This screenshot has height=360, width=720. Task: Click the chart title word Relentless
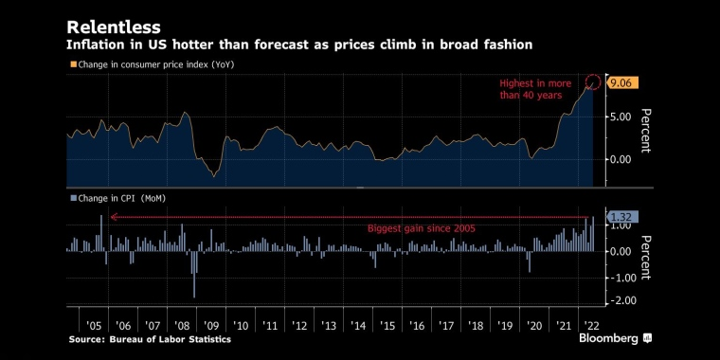click(x=114, y=27)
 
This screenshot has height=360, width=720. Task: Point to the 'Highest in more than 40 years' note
click(x=535, y=90)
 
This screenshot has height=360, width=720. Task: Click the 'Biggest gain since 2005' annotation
click(x=421, y=228)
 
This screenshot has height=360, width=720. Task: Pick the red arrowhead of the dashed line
click(x=114, y=217)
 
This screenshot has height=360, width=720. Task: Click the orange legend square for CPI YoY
click(x=73, y=64)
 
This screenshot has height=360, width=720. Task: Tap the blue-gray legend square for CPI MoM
click(x=73, y=199)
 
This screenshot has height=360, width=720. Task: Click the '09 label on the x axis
click(x=210, y=326)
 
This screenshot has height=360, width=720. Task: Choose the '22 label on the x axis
click(x=592, y=326)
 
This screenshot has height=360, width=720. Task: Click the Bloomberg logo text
click(x=609, y=339)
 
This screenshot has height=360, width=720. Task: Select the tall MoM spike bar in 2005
click(x=101, y=233)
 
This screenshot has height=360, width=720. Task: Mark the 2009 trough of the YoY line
click(x=213, y=176)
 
